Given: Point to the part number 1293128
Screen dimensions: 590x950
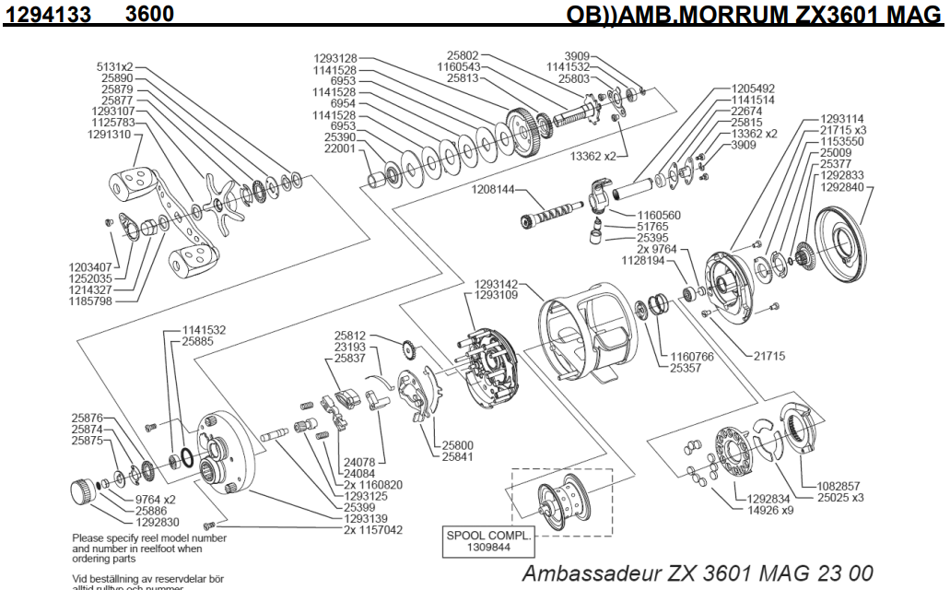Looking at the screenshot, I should (335, 59).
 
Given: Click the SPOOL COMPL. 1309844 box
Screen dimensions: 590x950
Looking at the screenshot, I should (476, 539).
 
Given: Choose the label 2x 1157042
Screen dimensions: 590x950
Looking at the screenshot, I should (372, 530).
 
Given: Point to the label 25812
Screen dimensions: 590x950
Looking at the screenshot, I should (350, 336).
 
